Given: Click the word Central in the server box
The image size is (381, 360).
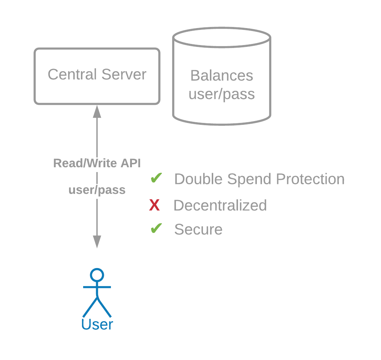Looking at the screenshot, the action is coord(72,74).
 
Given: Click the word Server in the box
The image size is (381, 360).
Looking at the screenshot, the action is coord(124,74).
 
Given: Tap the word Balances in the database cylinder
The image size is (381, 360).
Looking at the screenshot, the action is coord(222,75).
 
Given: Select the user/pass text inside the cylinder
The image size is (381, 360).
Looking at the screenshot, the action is coord(222,95).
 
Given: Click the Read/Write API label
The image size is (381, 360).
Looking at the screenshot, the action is coord(97,163).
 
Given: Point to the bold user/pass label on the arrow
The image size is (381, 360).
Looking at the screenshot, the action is coord(97,190).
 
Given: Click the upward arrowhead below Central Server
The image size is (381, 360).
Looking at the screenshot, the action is coord(97,112).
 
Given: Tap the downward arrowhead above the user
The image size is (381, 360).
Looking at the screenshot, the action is coord(97,242).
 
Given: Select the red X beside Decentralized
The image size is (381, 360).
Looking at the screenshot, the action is coord(154,205).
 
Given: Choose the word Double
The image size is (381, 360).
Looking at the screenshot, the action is coord(198,179).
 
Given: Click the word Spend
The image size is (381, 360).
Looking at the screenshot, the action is coord(249,180).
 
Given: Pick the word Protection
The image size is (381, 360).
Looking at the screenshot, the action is coord(310,179).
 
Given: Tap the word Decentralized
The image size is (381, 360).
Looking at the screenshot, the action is coord(220,205).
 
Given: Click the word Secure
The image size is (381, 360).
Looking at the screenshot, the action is coord(198,229).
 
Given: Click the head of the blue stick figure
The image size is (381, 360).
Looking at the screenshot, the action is coord(97,275).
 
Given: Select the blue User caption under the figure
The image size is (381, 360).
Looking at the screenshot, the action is coord(97,324).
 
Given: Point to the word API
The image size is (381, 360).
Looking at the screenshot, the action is coord(131,163).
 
